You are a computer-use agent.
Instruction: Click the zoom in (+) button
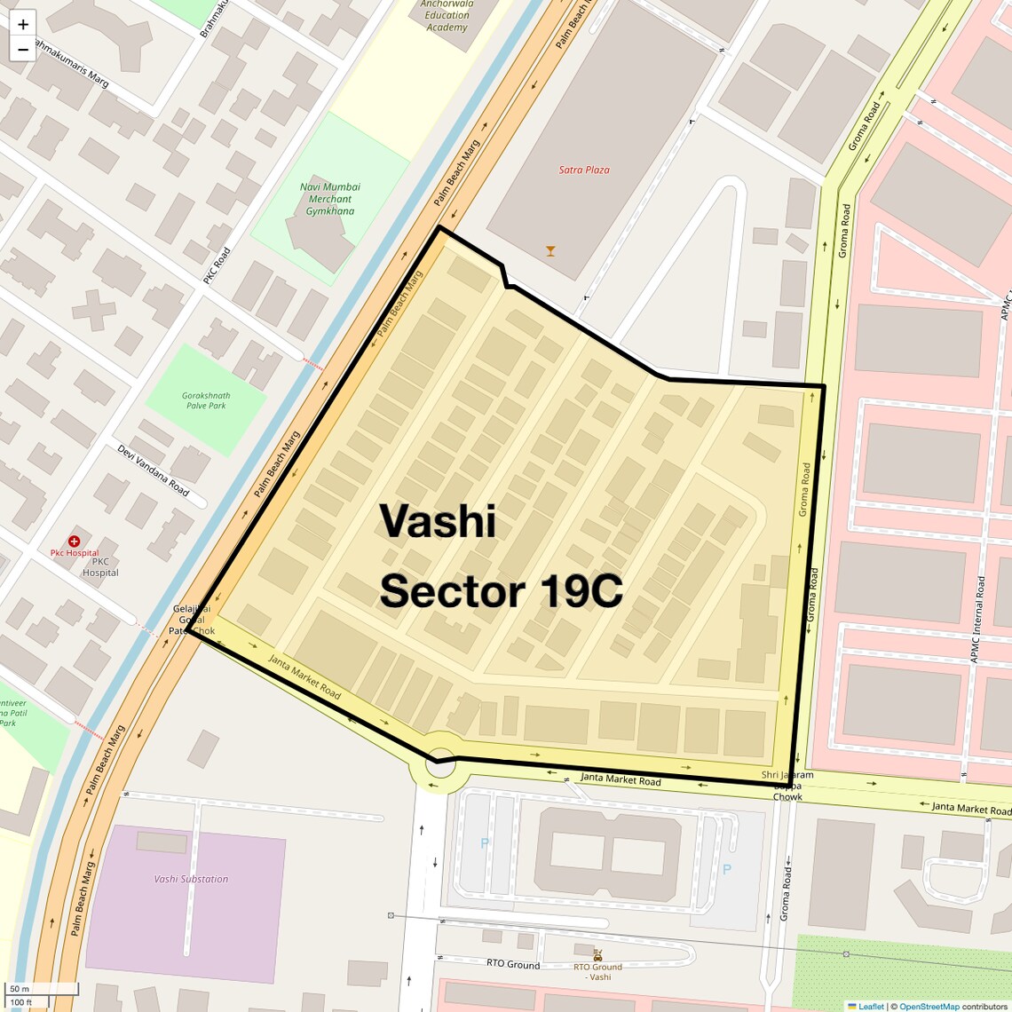click(x=23, y=24)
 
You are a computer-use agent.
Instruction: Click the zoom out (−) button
click(x=23, y=50)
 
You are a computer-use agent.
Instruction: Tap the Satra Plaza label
click(x=584, y=170)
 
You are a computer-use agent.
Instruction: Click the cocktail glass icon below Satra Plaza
click(x=550, y=251)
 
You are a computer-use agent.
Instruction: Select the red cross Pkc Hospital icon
click(x=75, y=541)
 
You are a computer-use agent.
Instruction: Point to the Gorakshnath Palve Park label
click(x=206, y=400)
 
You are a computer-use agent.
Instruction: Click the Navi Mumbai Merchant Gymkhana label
click(x=330, y=199)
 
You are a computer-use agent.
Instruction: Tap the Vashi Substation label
click(x=191, y=879)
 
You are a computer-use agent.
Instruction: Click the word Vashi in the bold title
click(x=438, y=521)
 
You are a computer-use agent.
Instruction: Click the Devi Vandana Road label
click(x=153, y=470)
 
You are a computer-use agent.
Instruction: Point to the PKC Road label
click(x=216, y=265)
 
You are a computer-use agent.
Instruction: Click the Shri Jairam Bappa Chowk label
click(x=787, y=786)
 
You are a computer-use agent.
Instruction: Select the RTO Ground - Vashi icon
click(x=598, y=956)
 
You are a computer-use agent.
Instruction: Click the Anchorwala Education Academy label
click(x=447, y=16)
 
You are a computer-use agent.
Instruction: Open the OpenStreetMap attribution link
click(x=929, y=1006)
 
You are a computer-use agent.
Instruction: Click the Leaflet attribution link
click(x=871, y=1006)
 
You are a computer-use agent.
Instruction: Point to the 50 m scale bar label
click(x=20, y=989)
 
